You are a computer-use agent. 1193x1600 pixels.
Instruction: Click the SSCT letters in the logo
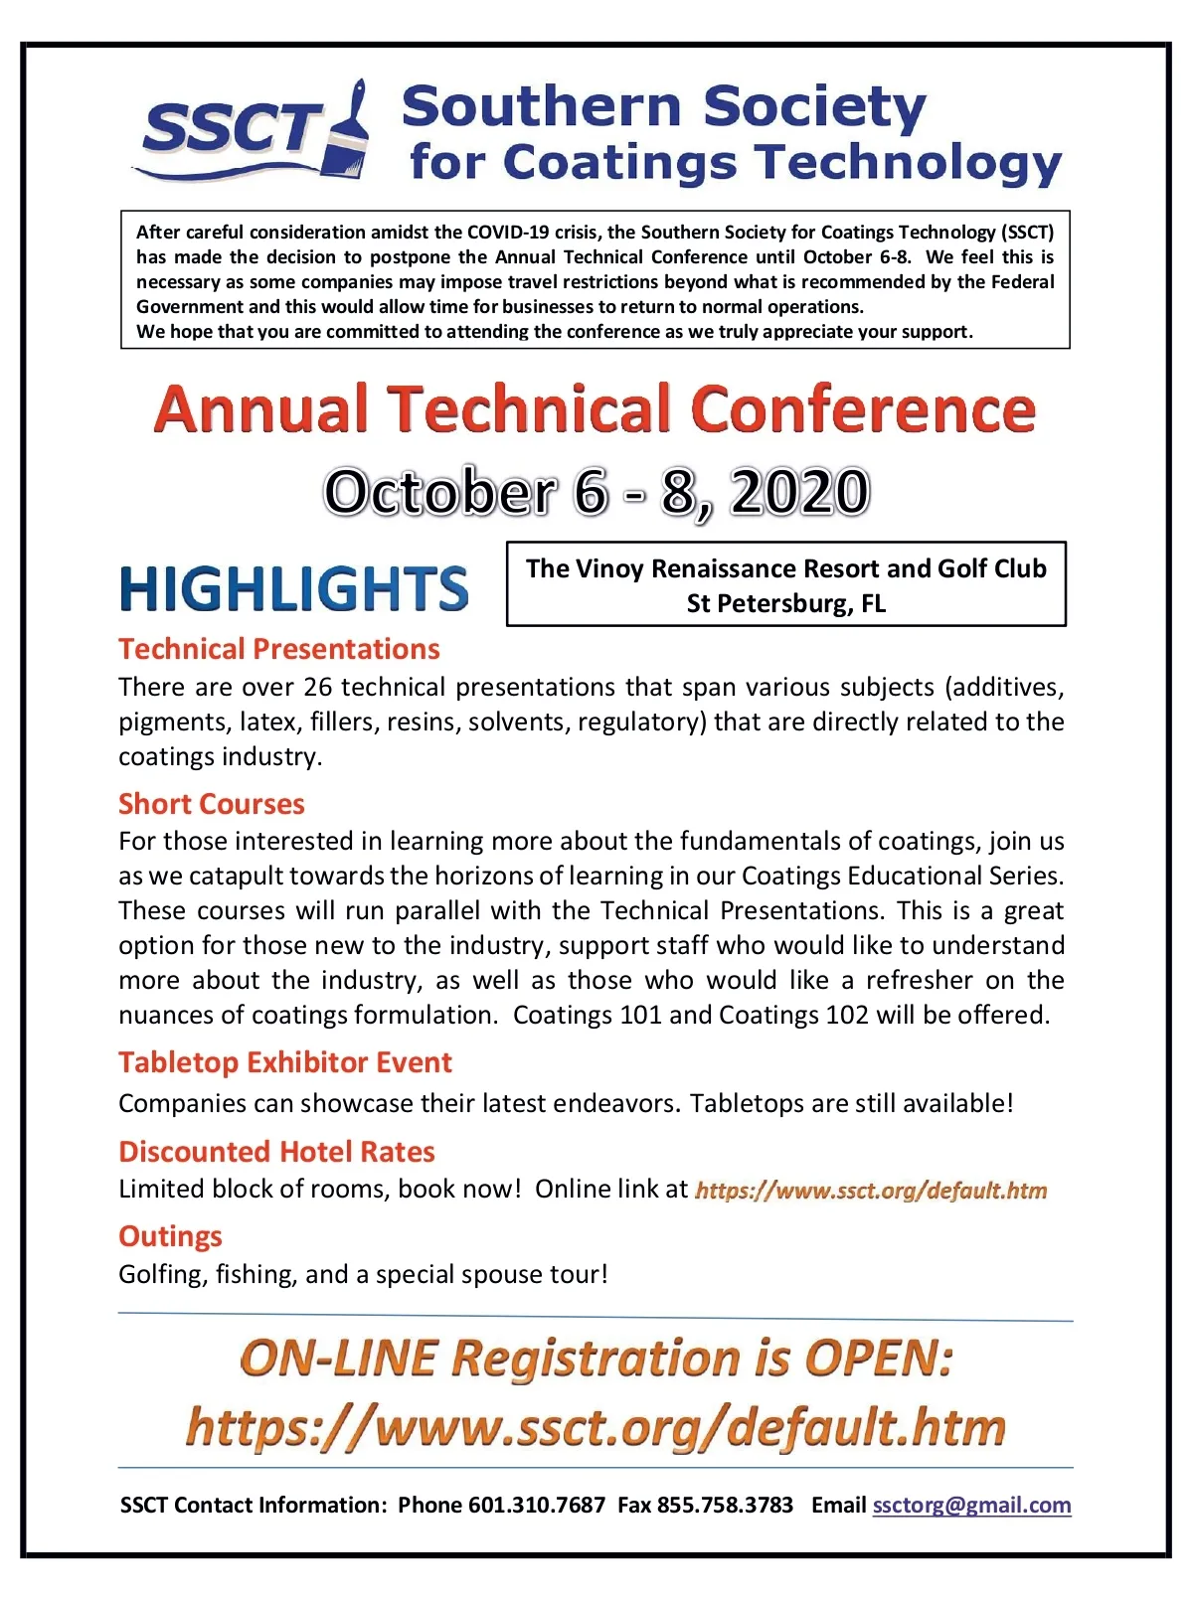231,129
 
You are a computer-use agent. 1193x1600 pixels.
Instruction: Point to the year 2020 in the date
800,492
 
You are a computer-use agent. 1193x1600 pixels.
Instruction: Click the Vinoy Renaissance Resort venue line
785,568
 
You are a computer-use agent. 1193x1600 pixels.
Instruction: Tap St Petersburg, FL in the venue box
785,603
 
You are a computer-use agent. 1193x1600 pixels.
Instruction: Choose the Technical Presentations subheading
279,649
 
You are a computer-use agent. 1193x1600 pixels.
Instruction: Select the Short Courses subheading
212,804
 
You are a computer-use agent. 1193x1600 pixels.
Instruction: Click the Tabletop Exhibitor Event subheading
285,1062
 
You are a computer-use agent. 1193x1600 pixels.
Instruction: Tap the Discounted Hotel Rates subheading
277,1152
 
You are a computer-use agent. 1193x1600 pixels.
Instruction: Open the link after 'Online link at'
871,1191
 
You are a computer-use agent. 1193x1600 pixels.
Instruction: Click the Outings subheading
171,1236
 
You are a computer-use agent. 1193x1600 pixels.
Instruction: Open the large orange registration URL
596,1427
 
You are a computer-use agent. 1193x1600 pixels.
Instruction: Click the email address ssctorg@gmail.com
971,1506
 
